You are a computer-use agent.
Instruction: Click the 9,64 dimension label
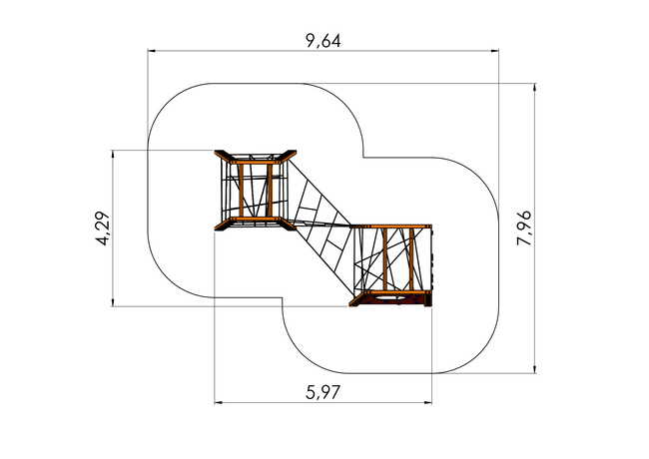tap(324, 41)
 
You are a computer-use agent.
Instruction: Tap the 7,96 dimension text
tap(524, 228)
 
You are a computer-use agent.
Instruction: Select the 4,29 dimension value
tap(103, 229)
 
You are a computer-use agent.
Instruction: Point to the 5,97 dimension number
tap(323, 392)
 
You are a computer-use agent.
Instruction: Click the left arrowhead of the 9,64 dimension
tap(152, 51)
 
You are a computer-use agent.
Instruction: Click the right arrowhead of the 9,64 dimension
tap(494, 51)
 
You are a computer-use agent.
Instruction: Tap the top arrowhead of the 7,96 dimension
tap(535, 87)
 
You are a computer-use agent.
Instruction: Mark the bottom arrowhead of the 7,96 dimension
tap(535, 369)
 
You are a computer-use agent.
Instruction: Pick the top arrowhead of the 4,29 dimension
tap(112, 154)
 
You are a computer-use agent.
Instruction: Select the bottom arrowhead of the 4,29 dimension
tap(112, 302)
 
